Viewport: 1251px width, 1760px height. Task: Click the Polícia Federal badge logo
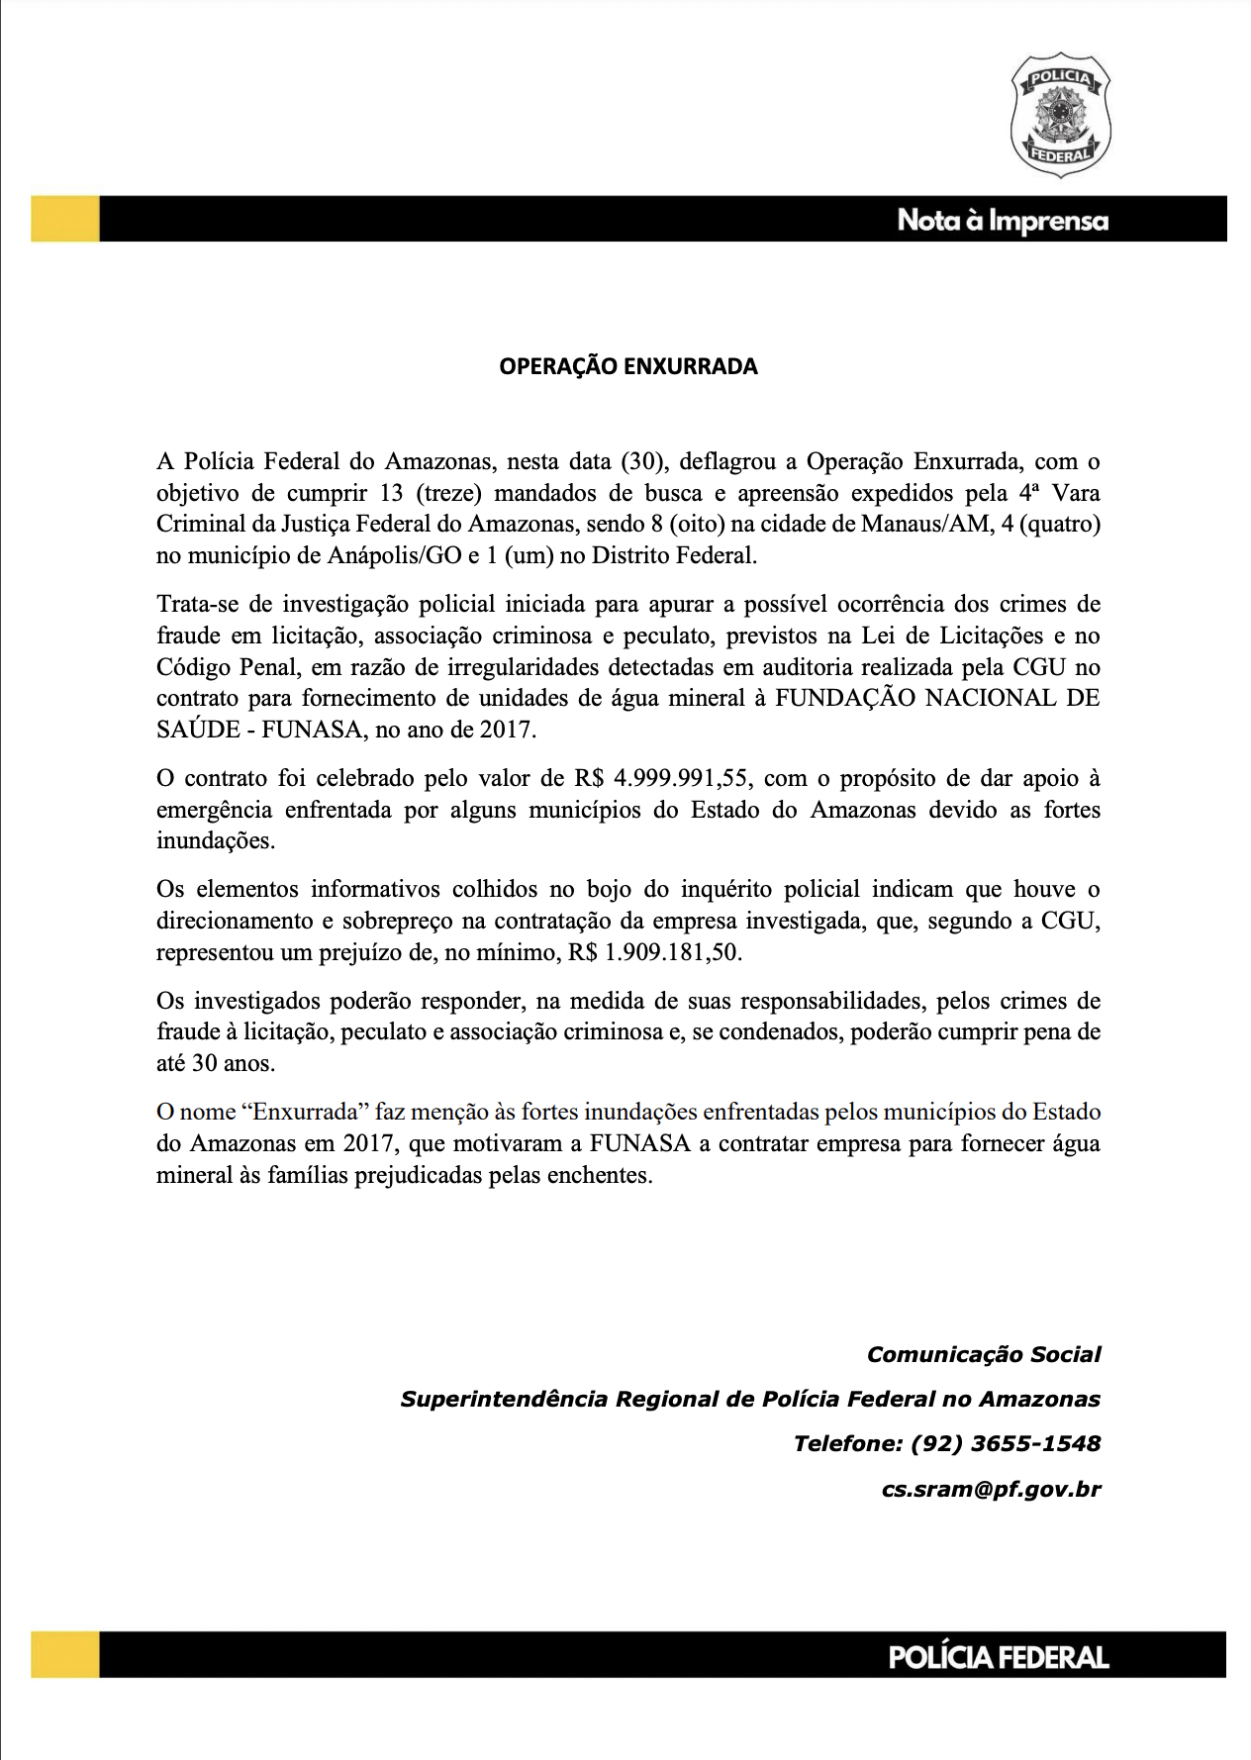pos(1060,115)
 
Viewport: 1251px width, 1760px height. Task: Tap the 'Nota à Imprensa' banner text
pos(1002,220)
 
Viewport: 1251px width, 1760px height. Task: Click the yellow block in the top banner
pos(65,219)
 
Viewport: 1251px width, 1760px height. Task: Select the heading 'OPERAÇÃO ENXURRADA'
pos(627,366)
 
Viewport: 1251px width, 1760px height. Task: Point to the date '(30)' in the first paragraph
pos(643,461)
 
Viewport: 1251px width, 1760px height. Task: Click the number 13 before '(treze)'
pos(392,493)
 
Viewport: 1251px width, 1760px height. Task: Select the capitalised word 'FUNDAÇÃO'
pos(843,698)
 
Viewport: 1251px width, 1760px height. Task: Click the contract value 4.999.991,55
pos(681,778)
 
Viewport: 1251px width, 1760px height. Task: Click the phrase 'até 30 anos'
pos(216,1063)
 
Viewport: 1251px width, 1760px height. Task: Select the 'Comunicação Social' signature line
pos(984,1354)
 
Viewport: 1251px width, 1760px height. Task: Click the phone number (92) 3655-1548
pos(1005,1443)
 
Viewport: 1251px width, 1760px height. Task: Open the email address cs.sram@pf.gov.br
pos(991,1489)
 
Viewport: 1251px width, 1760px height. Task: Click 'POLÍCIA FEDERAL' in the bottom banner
pos(998,1657)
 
